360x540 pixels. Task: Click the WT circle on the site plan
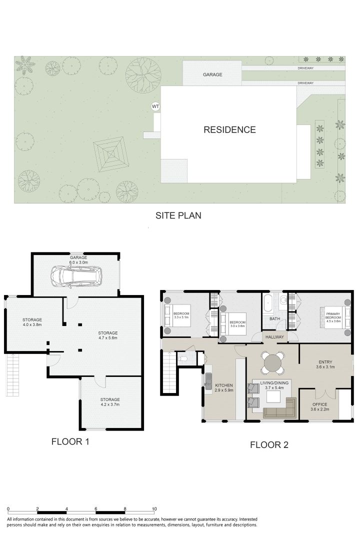click(155, 106)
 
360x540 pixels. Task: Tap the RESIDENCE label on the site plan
click(229, 130)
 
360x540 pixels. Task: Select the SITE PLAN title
click(178, 215)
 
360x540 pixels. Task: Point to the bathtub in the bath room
click(268, 303)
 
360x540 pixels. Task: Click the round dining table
click(272, 361)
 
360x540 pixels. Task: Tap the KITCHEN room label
click(224, 385)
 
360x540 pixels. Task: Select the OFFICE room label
click(320, 404)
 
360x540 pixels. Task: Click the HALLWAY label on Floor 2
click(275, 337)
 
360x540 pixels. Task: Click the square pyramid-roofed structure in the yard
click(109, 154)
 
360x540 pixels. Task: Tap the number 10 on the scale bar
click(154, 508)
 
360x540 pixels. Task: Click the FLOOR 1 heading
click(70, 441)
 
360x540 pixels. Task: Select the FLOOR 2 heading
click(269, 444)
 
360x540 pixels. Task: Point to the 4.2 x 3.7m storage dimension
click(110, 404)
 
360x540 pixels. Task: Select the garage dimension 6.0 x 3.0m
click(78, 262)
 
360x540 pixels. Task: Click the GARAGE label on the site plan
click(212, 74)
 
